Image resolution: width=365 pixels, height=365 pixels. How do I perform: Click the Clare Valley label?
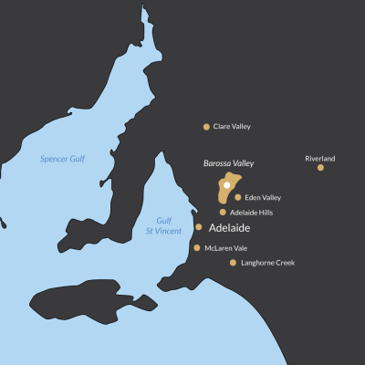[232, 127]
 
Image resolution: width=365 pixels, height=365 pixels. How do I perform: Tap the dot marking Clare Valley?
[206, 127]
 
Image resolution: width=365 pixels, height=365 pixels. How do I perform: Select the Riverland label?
[319, 159]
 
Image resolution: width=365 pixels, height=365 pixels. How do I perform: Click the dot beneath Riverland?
[320, 168]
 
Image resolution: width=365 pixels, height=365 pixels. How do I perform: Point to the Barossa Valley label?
[228, 163]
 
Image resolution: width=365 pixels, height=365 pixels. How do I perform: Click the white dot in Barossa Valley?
[226, 184]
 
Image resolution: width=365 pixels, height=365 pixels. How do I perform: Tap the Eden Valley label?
[263, 197]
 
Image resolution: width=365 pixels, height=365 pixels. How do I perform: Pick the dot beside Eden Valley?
[238, 197]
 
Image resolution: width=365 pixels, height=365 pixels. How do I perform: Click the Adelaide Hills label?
[251, 213]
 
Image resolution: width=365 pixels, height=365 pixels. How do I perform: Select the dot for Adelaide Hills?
[223, 212]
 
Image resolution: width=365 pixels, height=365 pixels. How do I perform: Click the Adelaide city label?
[229, 228]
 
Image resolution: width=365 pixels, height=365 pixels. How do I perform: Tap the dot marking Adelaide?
[199, 227]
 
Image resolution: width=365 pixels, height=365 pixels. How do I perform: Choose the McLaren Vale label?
[225, 247]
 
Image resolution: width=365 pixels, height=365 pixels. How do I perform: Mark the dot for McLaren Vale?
[197, 247]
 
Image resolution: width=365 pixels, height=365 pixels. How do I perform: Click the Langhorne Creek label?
[268, 263]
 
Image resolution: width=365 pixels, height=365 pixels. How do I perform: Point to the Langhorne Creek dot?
[234, 263]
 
